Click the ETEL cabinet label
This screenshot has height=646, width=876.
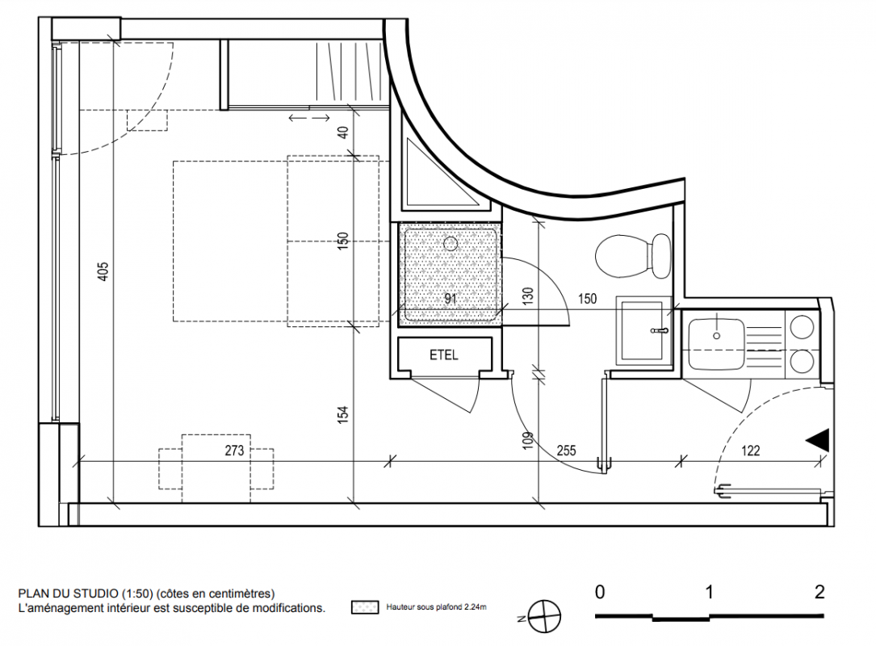pos(443,354)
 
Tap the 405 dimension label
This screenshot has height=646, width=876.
pos(103,271)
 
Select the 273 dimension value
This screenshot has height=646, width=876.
pos(235,451)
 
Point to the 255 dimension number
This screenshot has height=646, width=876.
pos(566,451)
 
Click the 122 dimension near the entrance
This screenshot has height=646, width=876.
pos(750,451)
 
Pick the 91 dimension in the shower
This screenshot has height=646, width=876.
pos(451,299)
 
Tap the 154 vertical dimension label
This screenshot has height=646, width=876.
pos(343,414)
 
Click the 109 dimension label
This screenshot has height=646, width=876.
pos(527,441)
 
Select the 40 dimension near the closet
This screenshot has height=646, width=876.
pos(343,132)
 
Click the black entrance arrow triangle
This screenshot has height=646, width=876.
pos(817,439)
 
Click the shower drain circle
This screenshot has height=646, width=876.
pos(451,243)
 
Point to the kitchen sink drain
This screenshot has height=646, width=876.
pos(717,336)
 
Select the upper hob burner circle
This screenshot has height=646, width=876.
pos(803,327)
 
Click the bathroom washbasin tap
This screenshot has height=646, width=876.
pos(660,331)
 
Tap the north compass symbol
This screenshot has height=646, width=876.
pos(543,616)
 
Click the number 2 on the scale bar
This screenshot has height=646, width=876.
pos(819,592)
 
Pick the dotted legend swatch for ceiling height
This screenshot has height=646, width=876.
pos(365,607)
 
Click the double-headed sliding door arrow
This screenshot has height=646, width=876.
pos(309,118)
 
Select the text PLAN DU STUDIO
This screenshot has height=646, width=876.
pos(68,594)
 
